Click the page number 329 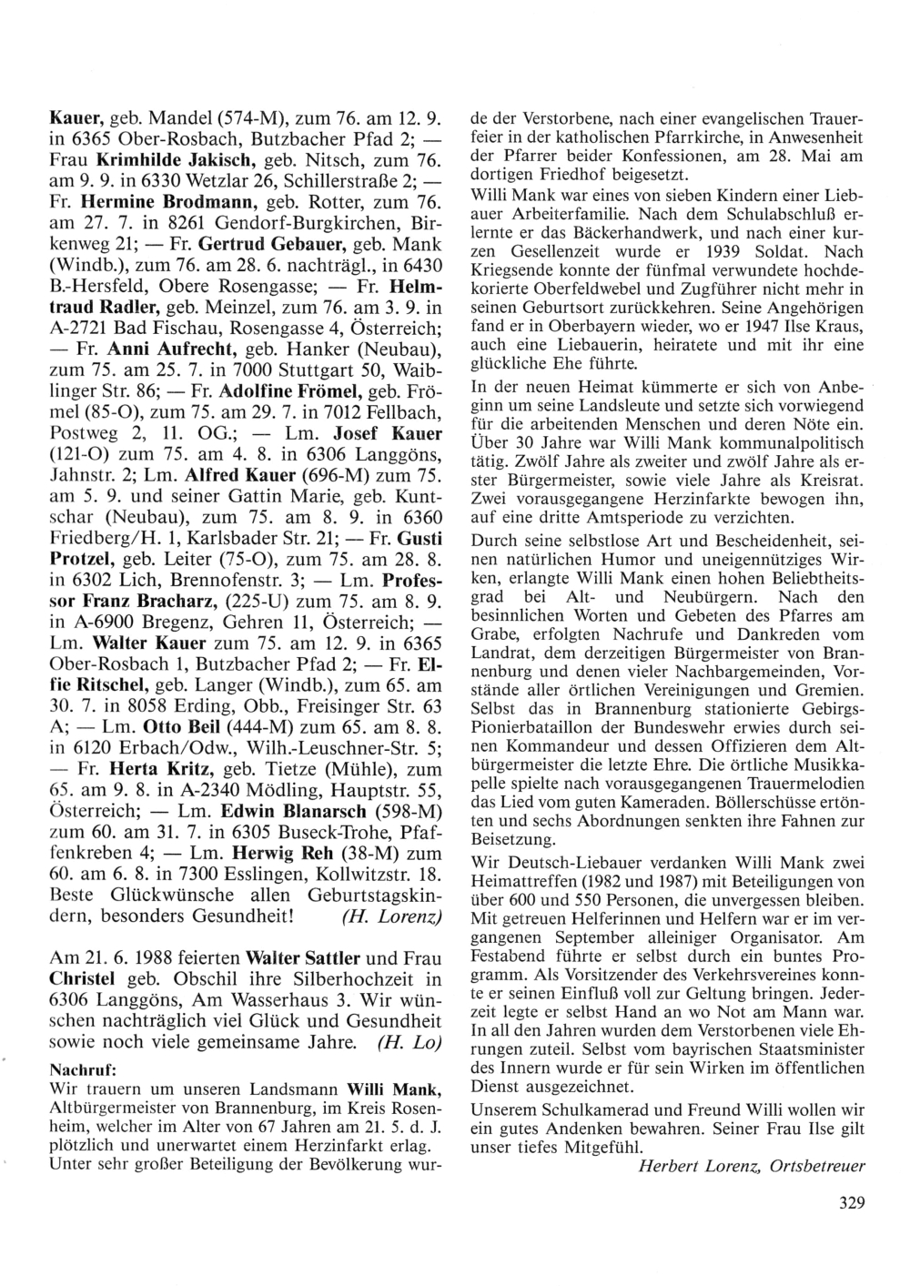(x=845, y=1202)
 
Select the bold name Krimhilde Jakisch (x=177, y=160)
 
